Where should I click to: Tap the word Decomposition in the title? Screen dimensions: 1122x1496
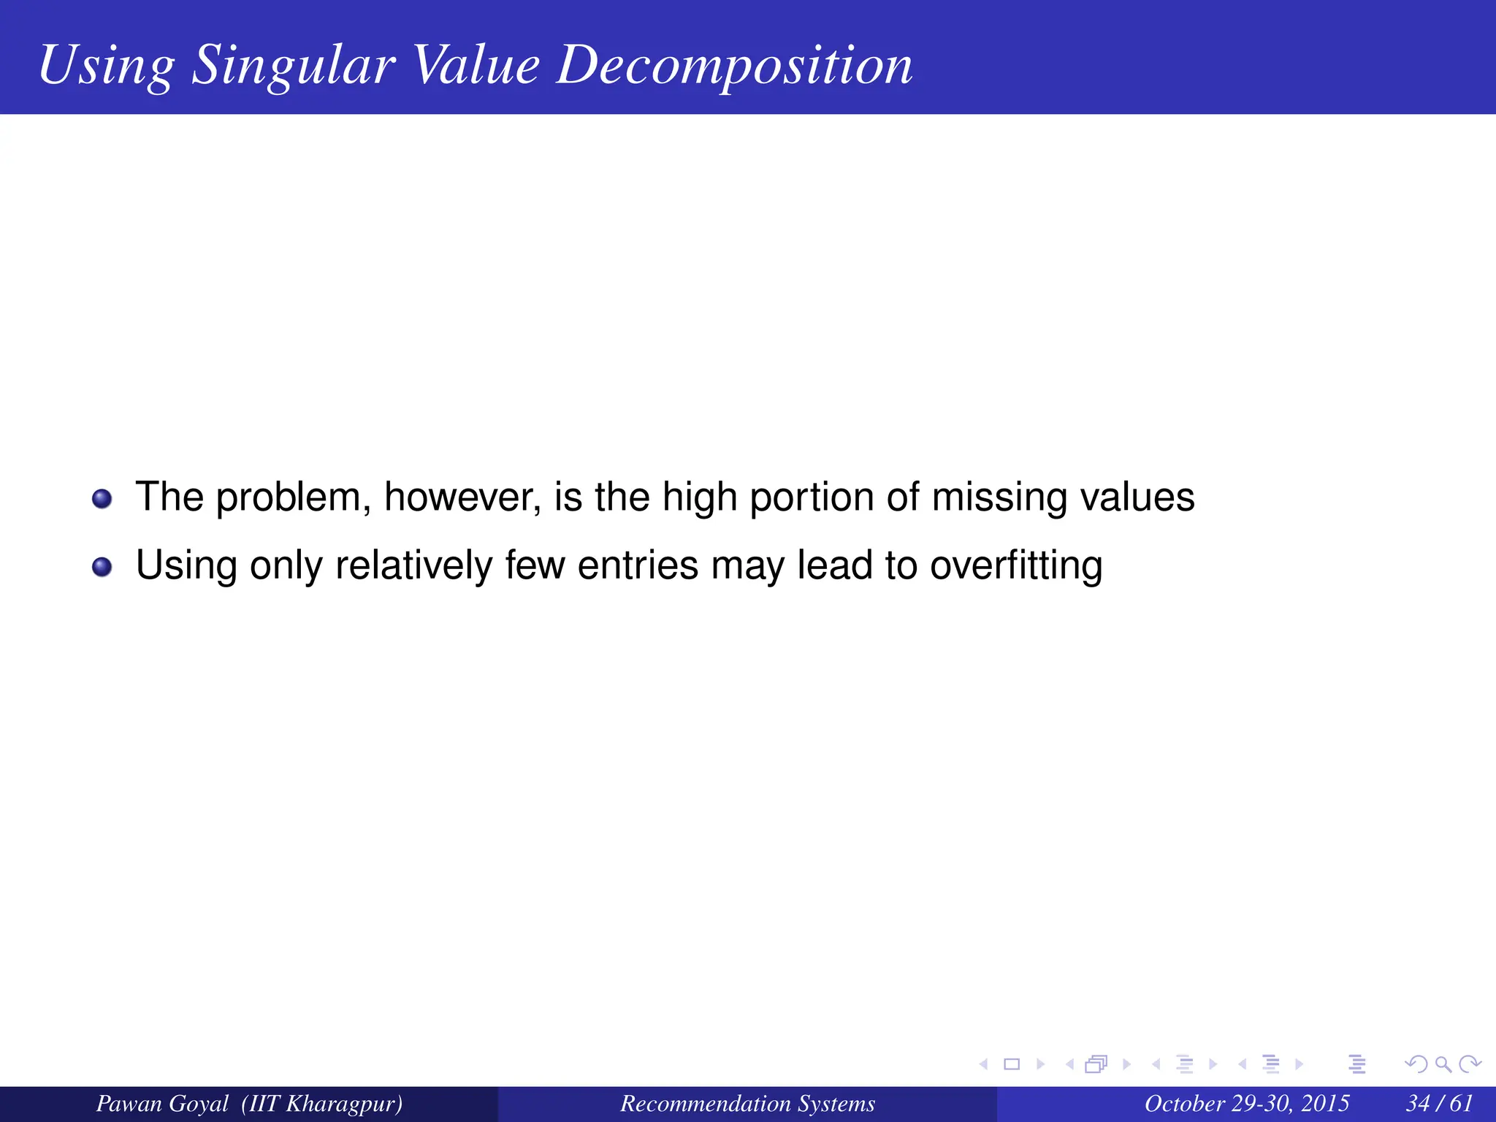(x=734, y=66)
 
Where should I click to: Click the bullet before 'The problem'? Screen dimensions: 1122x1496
(x=102, y=499)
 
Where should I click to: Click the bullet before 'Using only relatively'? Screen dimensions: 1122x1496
(x=102, y=567)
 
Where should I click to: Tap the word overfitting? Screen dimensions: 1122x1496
(x=1016, y=567)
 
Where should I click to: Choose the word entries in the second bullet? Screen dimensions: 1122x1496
(x=638, y=566)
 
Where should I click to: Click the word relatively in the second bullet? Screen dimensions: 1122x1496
(x=413, y=567)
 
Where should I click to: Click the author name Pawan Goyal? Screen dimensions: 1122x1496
(x=162, y=1104)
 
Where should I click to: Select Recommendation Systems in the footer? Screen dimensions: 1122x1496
(x=747, y=1104)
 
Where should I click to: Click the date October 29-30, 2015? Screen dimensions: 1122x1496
(x=1246, y=1104)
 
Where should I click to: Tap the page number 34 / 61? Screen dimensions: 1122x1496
(x=1439, y=1104)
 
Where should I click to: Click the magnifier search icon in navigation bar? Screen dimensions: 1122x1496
(x=1443, y=1064)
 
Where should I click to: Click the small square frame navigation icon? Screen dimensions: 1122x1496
(x=1012, y=1064)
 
